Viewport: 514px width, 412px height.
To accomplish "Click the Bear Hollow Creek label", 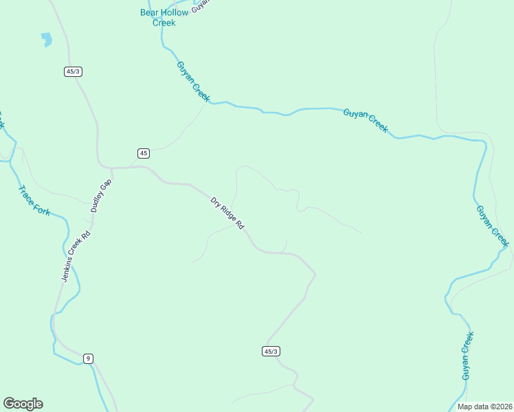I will click(163, 17).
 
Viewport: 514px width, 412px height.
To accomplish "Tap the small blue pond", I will click(47, 39).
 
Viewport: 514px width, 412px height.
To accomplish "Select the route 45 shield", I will click(143, 153).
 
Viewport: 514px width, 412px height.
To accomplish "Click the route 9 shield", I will click(88, 358).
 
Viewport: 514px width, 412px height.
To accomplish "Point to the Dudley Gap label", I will click(100, 195).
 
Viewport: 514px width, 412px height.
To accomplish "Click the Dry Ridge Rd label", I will click(227, 214).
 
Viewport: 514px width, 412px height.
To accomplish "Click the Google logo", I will click(23, 404).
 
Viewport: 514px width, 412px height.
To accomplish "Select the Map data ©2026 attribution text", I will click(484, 407).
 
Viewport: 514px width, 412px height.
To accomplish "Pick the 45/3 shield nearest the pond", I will click(74, 71).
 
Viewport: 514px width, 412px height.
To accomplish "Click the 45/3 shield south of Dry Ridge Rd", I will click(271, 352).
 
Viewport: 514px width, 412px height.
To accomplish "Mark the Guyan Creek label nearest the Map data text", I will click(468, 356).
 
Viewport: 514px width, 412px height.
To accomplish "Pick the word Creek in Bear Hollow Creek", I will click(164, 23).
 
